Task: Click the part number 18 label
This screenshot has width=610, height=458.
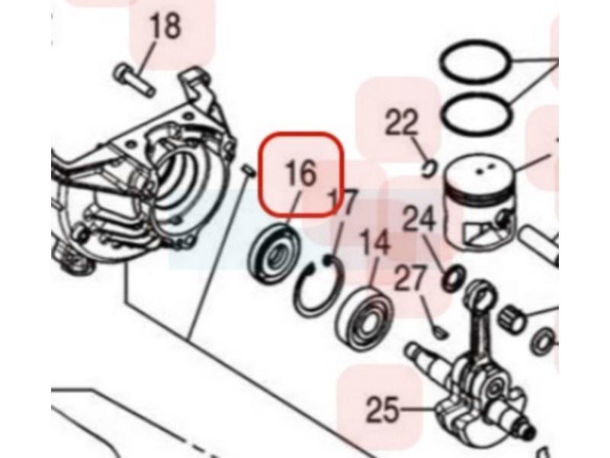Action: [x=165, y=26]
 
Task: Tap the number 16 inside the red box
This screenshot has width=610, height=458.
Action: [x=300, y=174]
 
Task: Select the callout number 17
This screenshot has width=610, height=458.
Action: [x=342, y=202]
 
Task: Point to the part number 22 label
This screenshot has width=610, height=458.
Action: [x=401, y=122]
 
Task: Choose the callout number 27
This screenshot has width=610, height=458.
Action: [x=409, y=278]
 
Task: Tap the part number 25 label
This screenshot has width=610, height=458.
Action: [x=383, y=409]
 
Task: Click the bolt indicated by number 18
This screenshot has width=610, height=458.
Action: [x=135, y=80]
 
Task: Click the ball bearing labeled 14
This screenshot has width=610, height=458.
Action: [x=365, y=318]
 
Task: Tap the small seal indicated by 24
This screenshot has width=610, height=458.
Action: [x=454, y=278]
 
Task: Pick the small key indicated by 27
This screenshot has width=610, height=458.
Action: [x=440, y=332]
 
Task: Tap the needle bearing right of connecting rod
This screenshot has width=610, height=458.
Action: [x=511, y=319]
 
